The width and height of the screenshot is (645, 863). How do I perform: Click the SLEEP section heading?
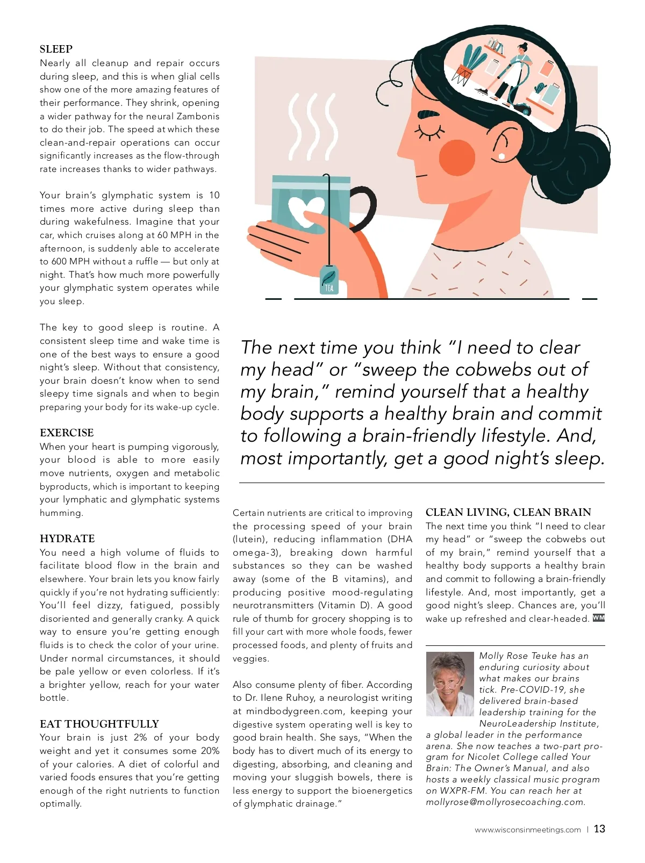pos(56,49)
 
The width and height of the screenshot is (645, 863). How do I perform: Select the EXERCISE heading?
pos(67,433)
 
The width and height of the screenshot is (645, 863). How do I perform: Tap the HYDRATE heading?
pos(67,538)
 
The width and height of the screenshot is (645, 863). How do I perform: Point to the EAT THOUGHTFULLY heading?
pos(99,724)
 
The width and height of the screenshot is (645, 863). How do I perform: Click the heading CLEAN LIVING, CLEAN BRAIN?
pos(508,512)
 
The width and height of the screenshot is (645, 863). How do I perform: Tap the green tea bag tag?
pos(329,280)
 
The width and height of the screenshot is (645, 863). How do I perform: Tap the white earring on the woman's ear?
pos(502,156)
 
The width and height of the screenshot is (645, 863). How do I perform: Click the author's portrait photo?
pos(450,684)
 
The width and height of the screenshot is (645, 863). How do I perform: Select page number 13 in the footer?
pos(599,829)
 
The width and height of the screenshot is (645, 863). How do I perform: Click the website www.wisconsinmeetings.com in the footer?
pos(527,830)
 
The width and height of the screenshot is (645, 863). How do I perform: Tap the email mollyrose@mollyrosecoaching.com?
pos(505,802)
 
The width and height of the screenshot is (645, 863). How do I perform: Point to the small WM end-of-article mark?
pos(598,618)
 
